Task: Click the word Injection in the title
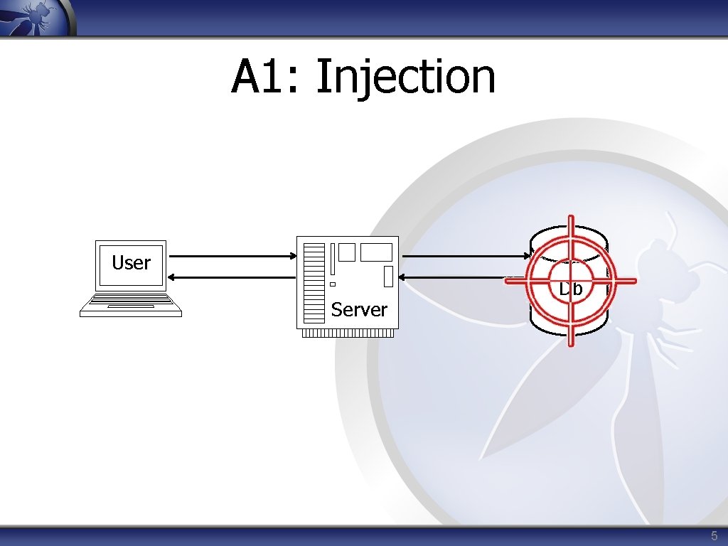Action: tap(405, 77)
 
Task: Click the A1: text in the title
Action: tap(267, 77)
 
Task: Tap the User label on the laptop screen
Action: tap(131, 263)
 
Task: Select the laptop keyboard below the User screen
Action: tap(131, 306)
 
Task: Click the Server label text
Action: tap(359, 309)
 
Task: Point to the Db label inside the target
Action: tap(570, 289)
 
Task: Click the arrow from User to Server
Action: tap(234, 257)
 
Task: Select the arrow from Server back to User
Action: tap(234, 277)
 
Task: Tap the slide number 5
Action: tap(714, 535)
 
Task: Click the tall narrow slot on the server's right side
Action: tap(388, 277)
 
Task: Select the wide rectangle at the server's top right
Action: tap(376, 252)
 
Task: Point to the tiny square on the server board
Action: tap(332, 284)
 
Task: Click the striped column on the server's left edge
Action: tap(314, 282)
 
